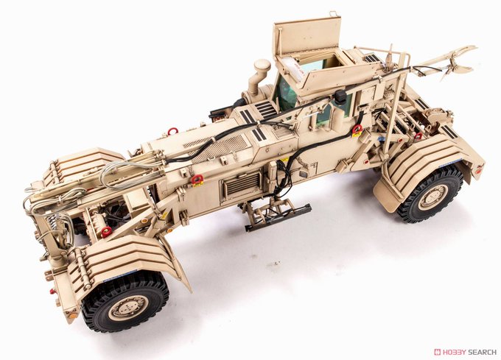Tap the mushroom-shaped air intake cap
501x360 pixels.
click(x=262, y=66)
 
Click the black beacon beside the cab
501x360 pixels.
click(x=341, y=96)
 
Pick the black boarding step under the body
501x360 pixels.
click(x=278, y=217)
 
